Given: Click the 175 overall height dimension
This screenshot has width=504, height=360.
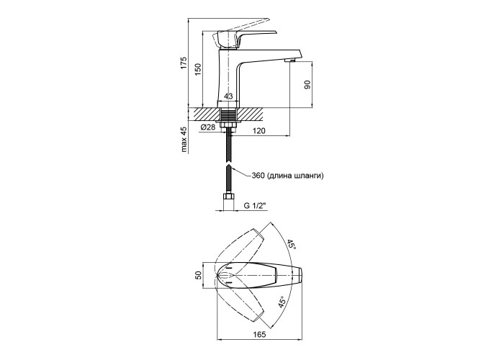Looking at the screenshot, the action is pyautogui.click(x=183, y=63).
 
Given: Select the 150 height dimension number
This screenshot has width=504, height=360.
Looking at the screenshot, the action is pyautogui.click(x=198, y=69).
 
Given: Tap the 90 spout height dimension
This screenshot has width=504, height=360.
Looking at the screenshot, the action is pyautogui.click(x=307, y=85).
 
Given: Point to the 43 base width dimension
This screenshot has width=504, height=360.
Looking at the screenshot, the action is pyautogui.click(x=228, y=96).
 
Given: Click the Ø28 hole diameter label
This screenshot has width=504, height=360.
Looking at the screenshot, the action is pyautogui.click(x=208, y=127).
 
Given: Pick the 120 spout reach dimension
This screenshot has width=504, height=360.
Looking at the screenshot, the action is pyautogui.click(x=258, y=131).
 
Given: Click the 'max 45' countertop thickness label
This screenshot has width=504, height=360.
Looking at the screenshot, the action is pyautogui.click(x=184, y=140).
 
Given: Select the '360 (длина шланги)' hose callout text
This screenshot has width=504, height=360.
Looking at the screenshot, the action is pyautogui.click(x=287, y=176).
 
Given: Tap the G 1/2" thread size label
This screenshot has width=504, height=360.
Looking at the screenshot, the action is pyautogui.click(x=256, y=206).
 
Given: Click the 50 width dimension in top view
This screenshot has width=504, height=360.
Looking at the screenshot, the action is pyautogui.click(x=198, y=275).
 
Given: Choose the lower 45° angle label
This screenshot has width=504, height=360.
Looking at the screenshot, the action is pyautogui.click(x=282, y=303).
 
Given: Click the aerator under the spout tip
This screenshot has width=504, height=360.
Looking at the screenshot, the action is pyautogui.click(x=290, y=60).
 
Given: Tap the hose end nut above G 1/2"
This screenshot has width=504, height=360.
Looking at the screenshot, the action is pyautogui.click(x=228, y=197).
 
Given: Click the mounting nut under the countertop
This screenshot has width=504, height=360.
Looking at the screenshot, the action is pyautogui.click(x=228, y=124).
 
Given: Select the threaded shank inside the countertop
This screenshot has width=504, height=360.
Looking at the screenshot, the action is pyautogui.click(x=228, y=114).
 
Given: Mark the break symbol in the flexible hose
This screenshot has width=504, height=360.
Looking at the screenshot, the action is pyautogui.click(x=228, y=164).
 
